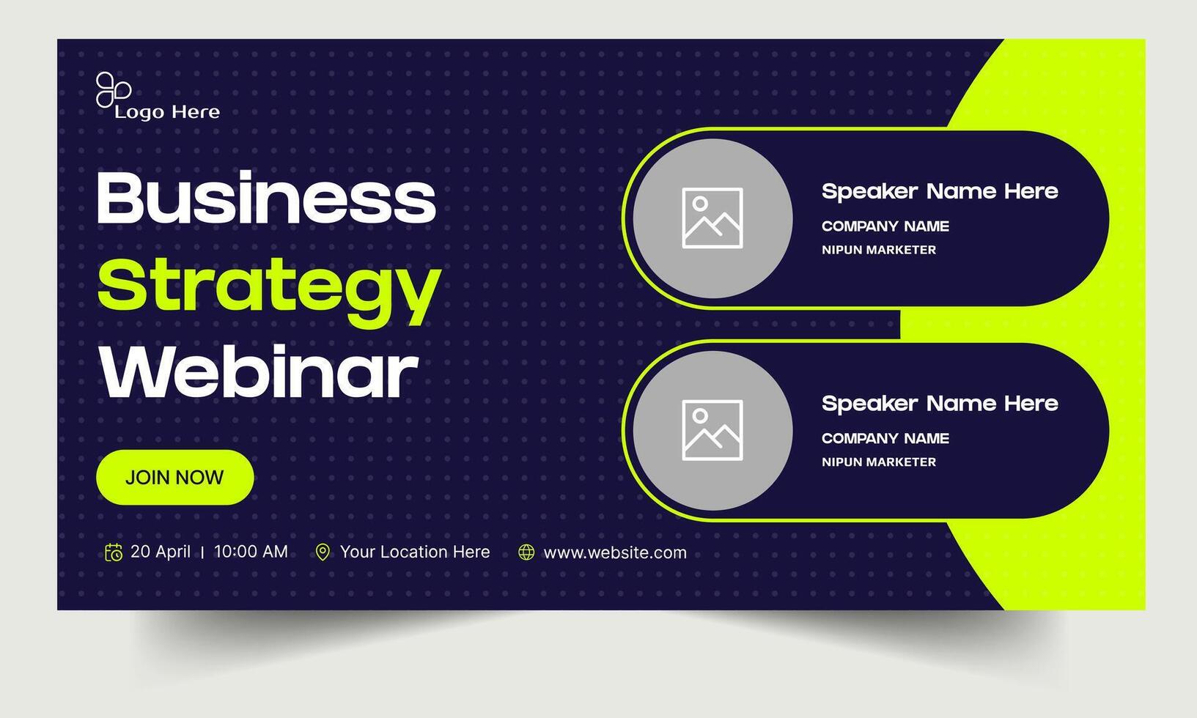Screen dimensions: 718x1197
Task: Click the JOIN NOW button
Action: point(174,478)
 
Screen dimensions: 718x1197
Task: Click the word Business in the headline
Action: point(266,198)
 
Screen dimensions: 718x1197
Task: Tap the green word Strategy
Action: point(268,287)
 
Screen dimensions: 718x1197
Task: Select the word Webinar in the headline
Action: point(258,374)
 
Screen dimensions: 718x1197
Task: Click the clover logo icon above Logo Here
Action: point(113,90)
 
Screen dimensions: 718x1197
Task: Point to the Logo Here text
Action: point(167,112)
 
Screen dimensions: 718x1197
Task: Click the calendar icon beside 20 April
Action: point(114,552)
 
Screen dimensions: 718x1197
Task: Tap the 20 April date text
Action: point(161,552)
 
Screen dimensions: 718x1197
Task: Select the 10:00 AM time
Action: point(251,552)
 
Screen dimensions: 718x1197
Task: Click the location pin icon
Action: point(323,552)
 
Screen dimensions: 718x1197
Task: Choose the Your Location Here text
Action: point(415,552)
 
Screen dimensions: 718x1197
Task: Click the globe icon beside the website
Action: point(526,552)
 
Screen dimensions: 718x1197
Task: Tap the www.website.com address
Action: point(615,552)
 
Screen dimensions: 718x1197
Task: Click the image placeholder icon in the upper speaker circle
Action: point(712,218)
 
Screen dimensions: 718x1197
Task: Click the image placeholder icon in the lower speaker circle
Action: point(712,430)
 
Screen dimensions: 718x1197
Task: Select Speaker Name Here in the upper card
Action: point(940,192)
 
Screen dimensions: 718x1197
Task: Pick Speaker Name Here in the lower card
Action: point(940,404)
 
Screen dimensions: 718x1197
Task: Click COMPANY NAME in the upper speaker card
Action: point(885,226)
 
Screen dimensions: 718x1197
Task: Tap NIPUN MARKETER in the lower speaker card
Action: point(879,462)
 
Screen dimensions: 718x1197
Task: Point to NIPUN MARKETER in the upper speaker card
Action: point(879,250)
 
